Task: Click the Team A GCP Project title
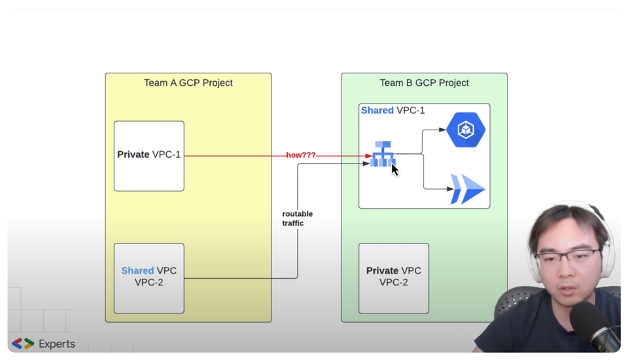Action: click(x=188, y=83)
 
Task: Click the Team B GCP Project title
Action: click(x=424, y=83)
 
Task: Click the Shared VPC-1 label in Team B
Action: click(x=393, y=111)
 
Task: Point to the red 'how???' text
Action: click(x=301, y=156)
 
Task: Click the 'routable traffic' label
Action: click(x=298, y=219)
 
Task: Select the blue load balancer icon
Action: click(x=382, y=154)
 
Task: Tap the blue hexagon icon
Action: click(x=466, y=130)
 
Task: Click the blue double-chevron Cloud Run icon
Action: click(x=467, y=190)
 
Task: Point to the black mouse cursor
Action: click(x=394, y=170)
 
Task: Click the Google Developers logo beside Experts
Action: click(x=23, y=344)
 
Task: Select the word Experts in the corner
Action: click(x=57, y=344)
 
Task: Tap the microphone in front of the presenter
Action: click(x=593, y=327)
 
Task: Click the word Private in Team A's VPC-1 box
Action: click(x=133, y=155)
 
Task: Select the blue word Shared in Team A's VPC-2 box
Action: click(x=137, y=271)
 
